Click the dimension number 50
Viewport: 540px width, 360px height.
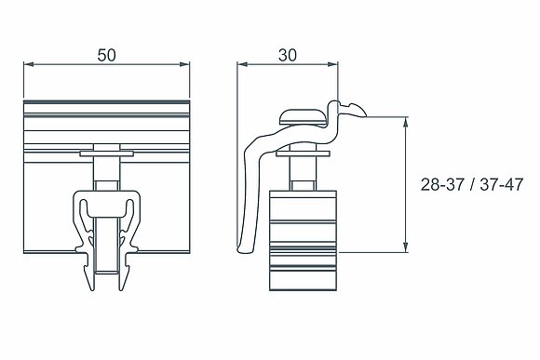[106, 56]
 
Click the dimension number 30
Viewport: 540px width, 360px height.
[287, 55]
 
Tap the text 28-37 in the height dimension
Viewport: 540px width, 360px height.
[442, 185]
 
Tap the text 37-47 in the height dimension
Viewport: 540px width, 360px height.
[502, 185]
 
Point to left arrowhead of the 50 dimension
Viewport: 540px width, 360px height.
[28, 64]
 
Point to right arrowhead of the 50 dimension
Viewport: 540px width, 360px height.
[185, 64]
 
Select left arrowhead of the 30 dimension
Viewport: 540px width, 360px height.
[242, 64]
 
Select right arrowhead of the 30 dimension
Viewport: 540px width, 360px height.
[333, 64]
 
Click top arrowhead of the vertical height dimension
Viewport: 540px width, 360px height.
[406, 122]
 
